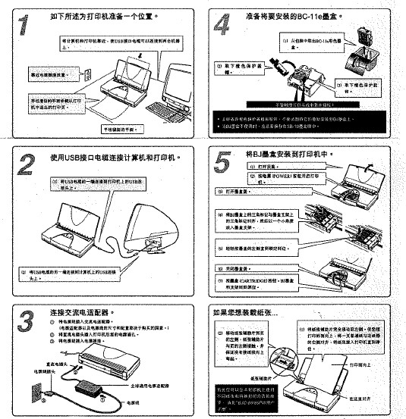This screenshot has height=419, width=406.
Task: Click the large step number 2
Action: [x=25, y=163]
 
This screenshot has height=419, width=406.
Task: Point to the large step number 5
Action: [x=221, y=163]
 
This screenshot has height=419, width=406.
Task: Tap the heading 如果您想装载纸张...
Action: [x=246, y=312]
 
